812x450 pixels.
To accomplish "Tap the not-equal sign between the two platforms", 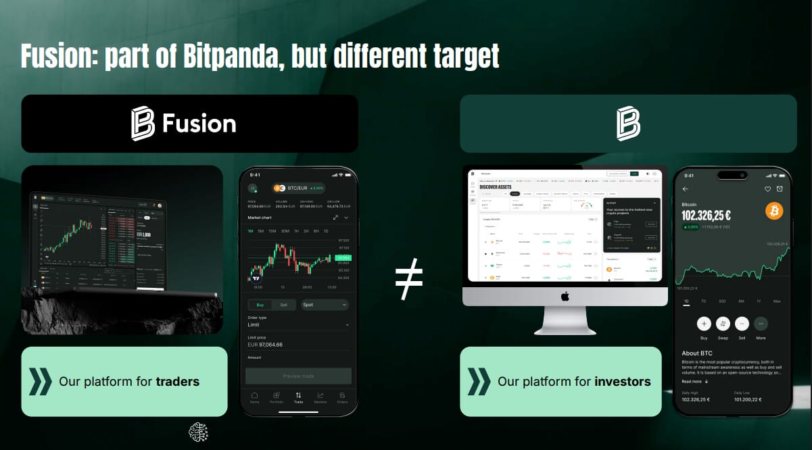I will [x=409, y=278].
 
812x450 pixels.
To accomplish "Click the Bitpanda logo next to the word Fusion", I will [x=143, y=124].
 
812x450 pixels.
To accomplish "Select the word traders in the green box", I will [x=177, y=382].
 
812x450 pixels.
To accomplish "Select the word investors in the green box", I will [x=622, y=382].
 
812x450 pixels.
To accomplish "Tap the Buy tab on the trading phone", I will [x=261, y=305].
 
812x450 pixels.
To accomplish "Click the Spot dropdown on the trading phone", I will [x=325, y=305].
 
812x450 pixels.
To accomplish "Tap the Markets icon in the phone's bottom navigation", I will [x=320, y=397].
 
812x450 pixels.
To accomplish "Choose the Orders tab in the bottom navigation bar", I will [x=342, y=397].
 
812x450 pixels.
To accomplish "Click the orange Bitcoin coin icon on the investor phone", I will [x=774, y=211].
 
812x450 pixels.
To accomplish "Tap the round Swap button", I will [x=723, y=324].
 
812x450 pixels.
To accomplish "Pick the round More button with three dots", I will [x=761, y=324].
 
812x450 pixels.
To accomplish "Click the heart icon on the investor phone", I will [x=767, y=189].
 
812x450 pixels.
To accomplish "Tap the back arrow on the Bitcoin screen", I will [x=686, y=189].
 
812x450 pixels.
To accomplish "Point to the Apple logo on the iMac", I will [x=565, y=296].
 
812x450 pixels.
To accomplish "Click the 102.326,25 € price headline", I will [x=706, y=216].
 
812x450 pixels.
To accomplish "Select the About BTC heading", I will [x=696, y=353].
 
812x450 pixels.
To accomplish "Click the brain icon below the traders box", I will [x=198, y=431].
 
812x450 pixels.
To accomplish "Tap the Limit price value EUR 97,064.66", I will [x=265, y=345].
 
